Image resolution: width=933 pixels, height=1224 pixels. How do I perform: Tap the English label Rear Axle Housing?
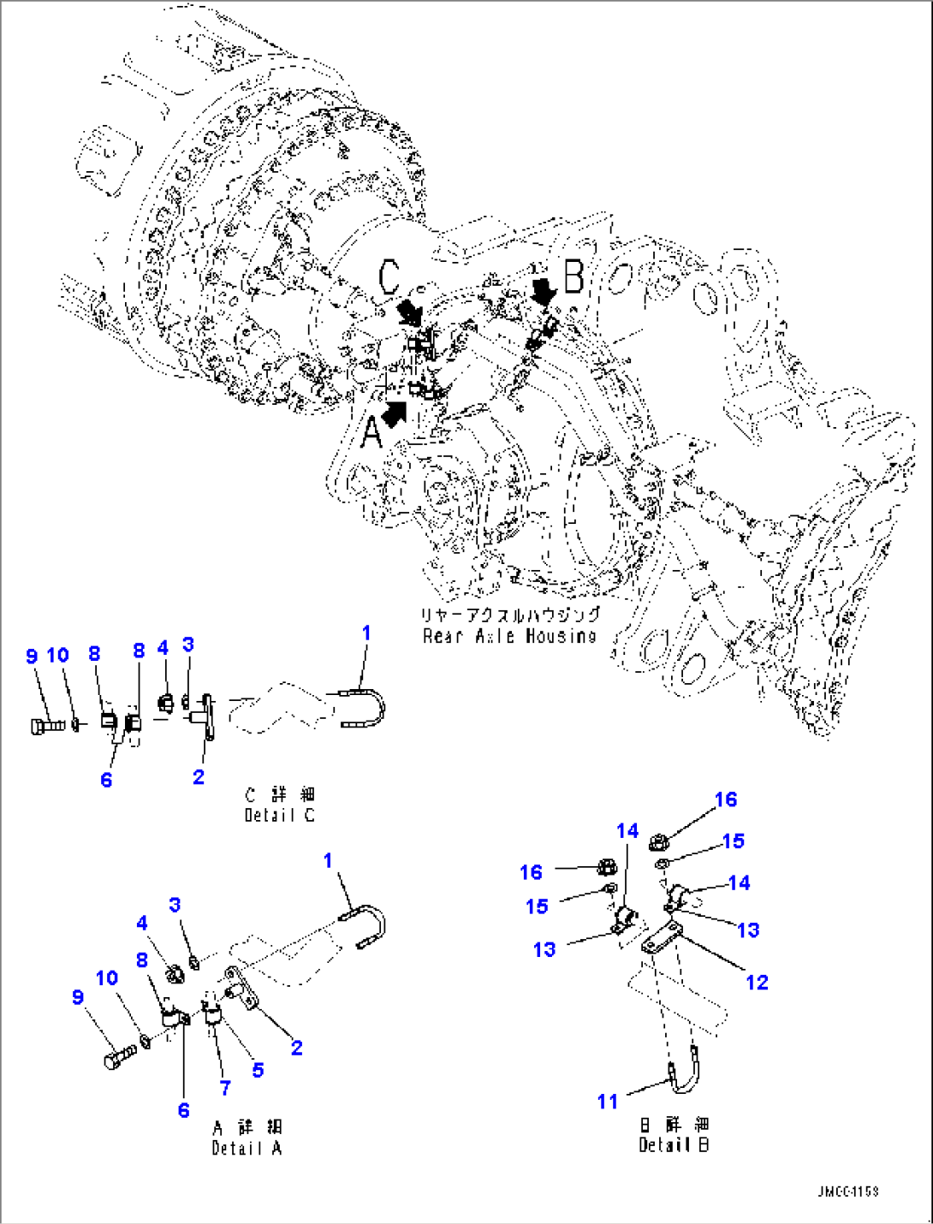pos(509,636)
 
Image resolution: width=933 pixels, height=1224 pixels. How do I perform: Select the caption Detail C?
pos(279,815)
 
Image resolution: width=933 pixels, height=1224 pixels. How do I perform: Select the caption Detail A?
pos(247,1148)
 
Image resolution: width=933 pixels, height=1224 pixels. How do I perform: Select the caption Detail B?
pos(674,1144)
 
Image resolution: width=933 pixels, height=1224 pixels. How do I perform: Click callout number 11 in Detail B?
pos(607,1101)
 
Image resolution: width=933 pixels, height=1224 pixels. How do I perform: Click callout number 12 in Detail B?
pos(757,982)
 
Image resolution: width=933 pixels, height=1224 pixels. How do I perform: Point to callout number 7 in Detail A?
pos(225,1087)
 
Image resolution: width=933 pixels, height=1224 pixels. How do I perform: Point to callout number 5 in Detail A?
pos(258,1069)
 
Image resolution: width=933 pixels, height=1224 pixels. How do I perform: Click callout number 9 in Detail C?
pos(32,656)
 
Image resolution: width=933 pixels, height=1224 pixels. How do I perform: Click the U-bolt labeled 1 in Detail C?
pos(364,710)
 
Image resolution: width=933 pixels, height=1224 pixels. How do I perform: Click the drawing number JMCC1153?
pos(847,1191)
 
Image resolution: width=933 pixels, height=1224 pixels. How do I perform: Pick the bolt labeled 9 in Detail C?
pos(46,726)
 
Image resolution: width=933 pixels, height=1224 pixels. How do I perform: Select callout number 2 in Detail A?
pos(296,1047)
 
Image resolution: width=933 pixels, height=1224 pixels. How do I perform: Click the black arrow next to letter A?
pos(395,413)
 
